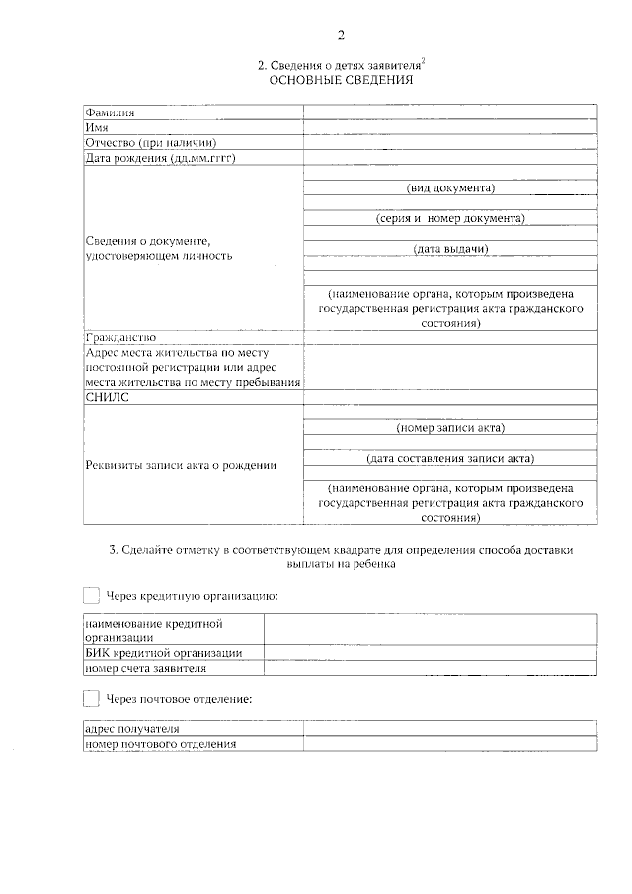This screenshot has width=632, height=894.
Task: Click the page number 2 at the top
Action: pyautogui.click(x=342, y=36)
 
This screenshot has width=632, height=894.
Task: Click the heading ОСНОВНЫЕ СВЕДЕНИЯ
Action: pyautogui.click(x=341, y=80)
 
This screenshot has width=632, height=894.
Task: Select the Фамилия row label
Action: pyautogui.click(x=110, y=113)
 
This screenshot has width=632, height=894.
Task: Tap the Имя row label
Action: pyautogui.click(x=97, y=128)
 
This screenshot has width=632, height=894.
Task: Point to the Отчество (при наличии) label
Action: pyautogui.click(x=150, y=142)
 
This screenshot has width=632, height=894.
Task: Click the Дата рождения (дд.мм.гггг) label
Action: pyautogui.click(x=164, y=157)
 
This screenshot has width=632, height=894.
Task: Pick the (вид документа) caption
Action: pyautogui.click(x=450, y=187)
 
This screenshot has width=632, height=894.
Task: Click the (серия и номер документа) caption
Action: pyautogui.click(x=450, y=218)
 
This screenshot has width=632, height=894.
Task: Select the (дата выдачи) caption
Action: pyautogui.click(x=450, y=249)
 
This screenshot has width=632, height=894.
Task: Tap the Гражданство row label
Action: pyautogui.click(x=120, y=337)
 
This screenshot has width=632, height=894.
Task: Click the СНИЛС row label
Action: pyautogui.click(x=108, y=397)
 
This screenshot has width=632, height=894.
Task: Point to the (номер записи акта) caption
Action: pyautogui.click(x=450, y=428)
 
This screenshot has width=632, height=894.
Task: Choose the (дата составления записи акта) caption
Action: pyautogui.click(x=450, y=459)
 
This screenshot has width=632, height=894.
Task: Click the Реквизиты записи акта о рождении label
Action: pyautogui.click(x=180, y=465)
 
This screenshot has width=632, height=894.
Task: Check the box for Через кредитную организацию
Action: pyautogui.click(x=91, y=595)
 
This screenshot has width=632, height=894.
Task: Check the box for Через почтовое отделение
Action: pyautogui.click(x=91, y=698)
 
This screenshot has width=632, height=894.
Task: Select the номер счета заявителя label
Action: pyautogui.click(x=146, y=668)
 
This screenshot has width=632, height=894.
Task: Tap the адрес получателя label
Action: pyautogui.click(x=131, y=729)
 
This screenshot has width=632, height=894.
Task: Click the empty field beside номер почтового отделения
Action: pyautogui.click(x=449, y=744)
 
